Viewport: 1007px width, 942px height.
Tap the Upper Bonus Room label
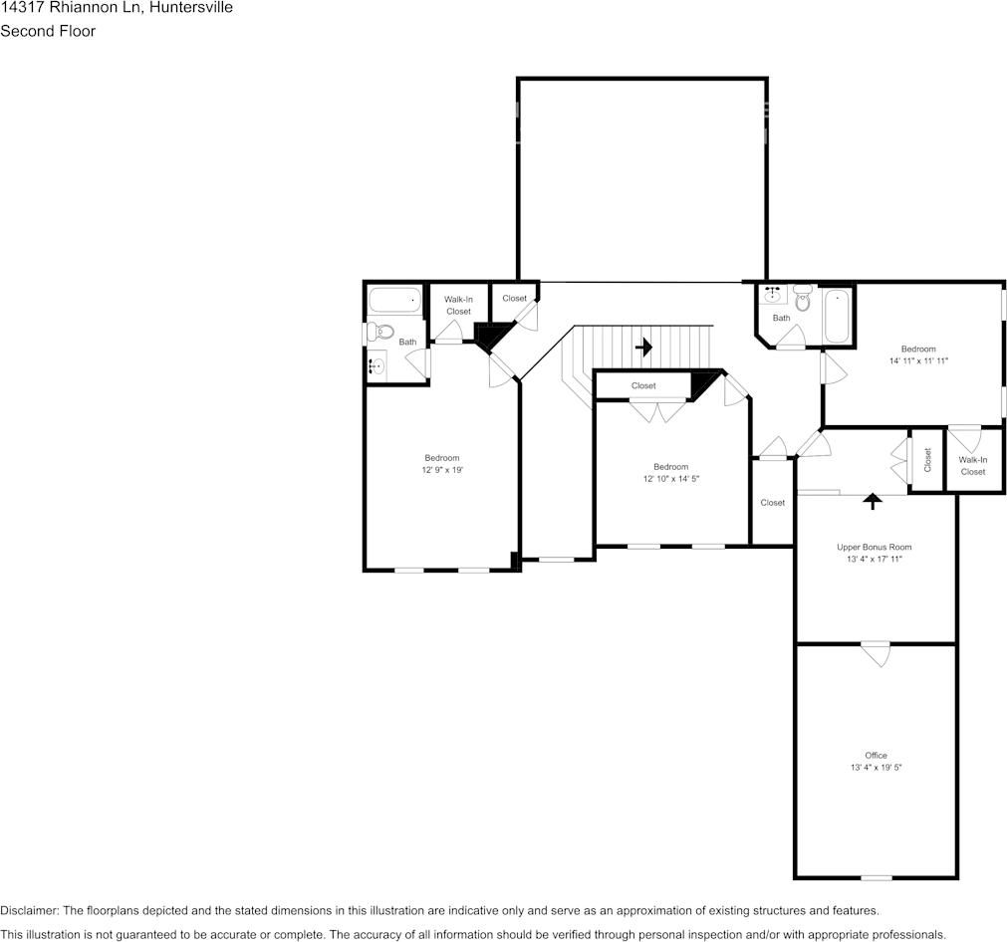coord(874,547)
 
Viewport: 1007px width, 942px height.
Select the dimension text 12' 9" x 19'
coord(441,470)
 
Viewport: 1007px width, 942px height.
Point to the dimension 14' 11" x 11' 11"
coord(917,360)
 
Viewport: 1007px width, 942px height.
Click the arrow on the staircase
coord(643,348)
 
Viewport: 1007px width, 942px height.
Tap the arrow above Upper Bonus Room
coord(873,501)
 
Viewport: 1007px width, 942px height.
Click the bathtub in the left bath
coord(395,299)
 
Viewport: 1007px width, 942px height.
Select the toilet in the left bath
coord(380,332)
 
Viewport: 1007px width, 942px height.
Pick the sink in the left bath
coord(377,365)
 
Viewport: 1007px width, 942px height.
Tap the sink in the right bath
coord(772,294)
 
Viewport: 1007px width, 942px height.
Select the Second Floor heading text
coord(48,31)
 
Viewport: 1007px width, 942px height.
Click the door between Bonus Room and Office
coord(876,653)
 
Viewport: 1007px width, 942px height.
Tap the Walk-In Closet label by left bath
coord(458,305)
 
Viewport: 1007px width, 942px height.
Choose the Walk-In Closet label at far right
coord(972,465)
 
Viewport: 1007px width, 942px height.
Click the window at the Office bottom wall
coord(876,877)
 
